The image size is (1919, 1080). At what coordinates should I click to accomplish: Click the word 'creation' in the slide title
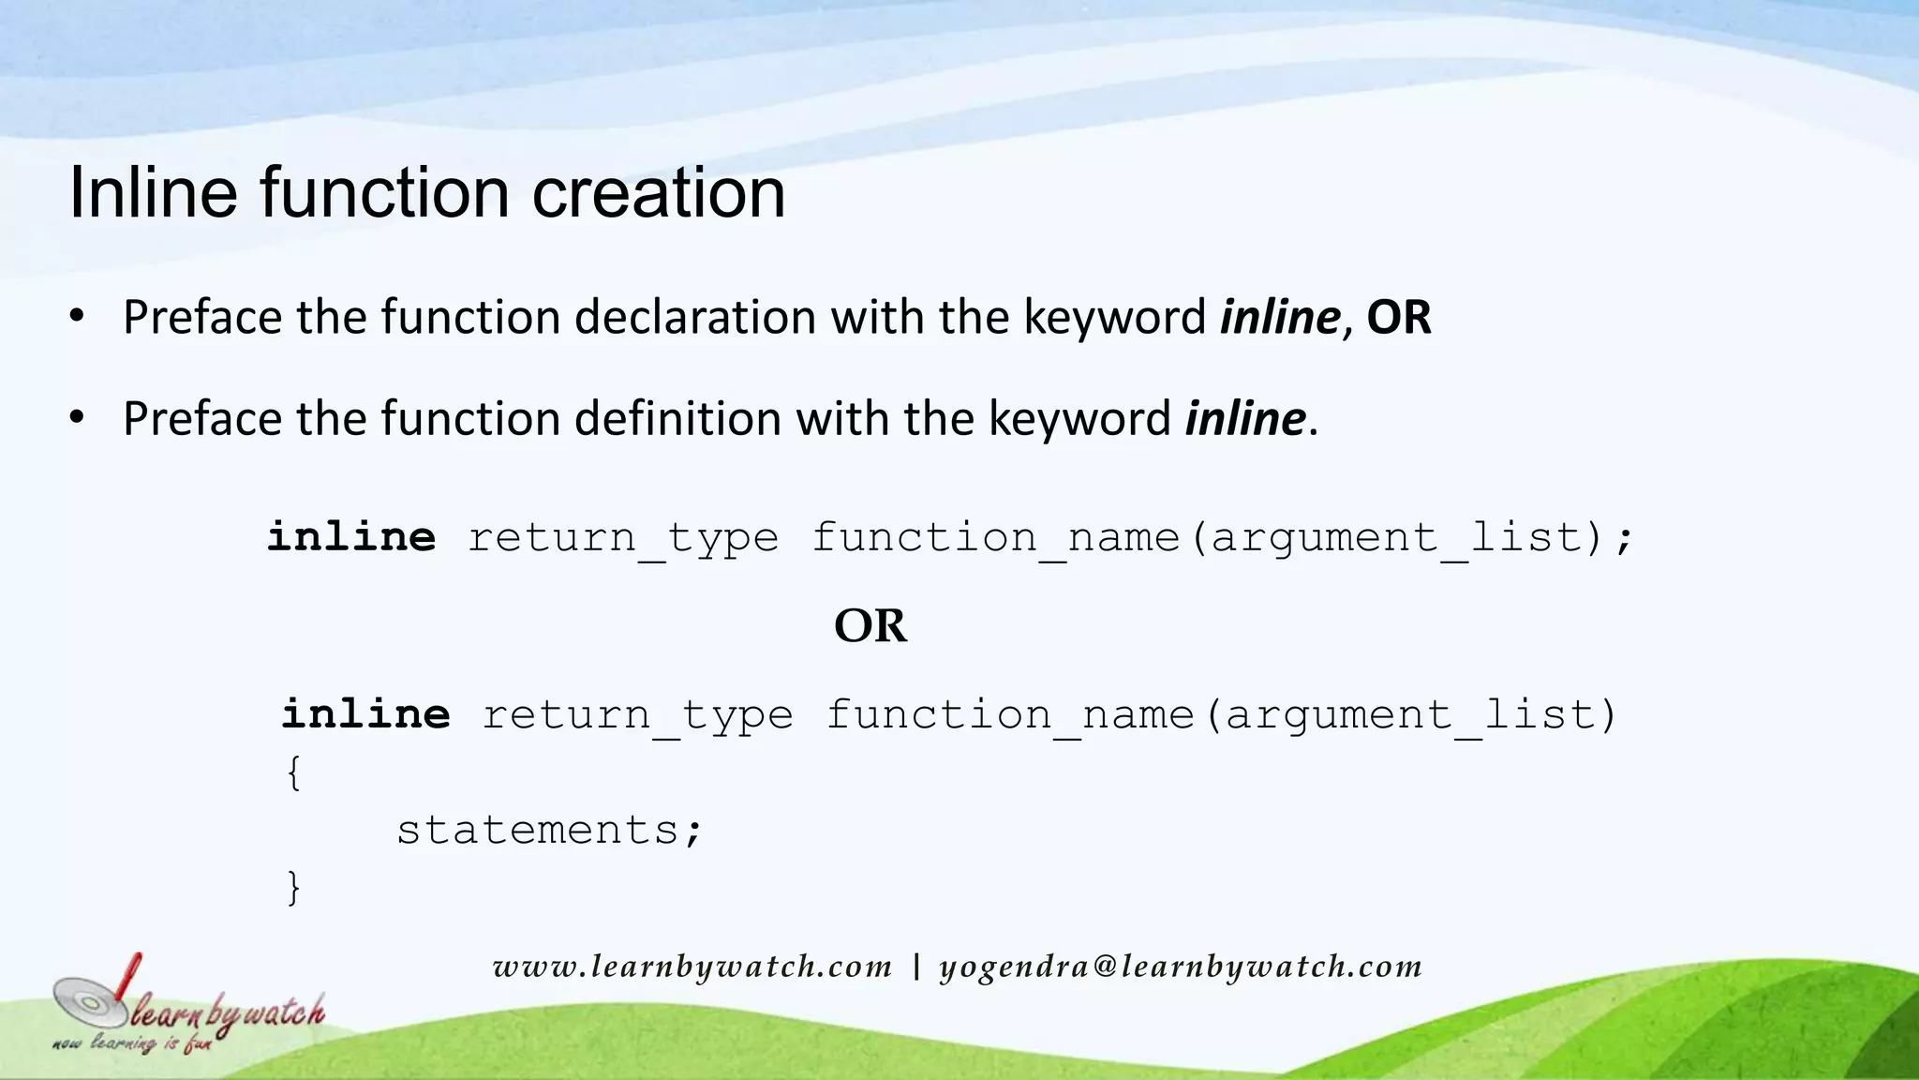pyautogui.click(x=658, y=193)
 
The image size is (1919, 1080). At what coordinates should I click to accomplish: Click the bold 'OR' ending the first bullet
pyautogui.click(x=1399, y=317)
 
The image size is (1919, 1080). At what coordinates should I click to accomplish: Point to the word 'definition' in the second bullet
pyautogui.click(x=677, y=418)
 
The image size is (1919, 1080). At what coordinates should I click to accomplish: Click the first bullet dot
pyautogui.click(x=78, y=316)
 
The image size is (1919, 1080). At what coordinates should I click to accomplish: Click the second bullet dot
pyautogui.click(x=78, y=417)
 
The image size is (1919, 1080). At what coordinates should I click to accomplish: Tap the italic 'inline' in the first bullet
pyautogui.click(x=1279, y=317)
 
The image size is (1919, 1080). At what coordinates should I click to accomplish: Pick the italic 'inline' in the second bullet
pyautogui.click(x=1244, y=418)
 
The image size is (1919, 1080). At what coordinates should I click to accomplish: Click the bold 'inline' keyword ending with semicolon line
pyautogui.click(x=351, y=537)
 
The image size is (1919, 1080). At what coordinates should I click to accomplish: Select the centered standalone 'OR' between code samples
pyautogui.click(x=870, y=625)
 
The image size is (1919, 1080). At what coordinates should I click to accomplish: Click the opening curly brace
pyautogui.click(x=293, y=773)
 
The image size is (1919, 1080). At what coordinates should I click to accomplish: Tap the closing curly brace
pyautogui.click(x=293, y=887)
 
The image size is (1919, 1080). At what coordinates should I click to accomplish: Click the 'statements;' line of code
pyautogui.click(x=549, y=830)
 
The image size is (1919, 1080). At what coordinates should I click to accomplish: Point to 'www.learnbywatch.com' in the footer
pyautogui.click(x=692, y=967)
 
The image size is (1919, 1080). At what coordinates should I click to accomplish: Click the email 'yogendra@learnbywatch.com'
pyautogui.click(x=1181, y=967)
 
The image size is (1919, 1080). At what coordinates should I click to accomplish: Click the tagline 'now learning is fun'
pyautogui.click(x=132, y=1043)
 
